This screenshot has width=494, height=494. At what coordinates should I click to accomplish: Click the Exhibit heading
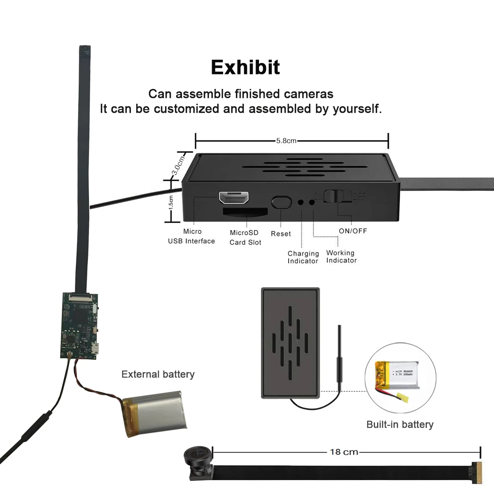(245, 68)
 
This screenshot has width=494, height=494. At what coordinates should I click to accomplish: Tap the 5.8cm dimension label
(286, 140)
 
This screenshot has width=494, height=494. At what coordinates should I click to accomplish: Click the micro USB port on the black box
(233, 198)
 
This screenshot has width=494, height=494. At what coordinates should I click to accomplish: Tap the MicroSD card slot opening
(245, 212)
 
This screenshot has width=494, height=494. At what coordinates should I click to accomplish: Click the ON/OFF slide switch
(337, 196)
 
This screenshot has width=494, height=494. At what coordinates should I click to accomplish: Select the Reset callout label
(281, 233)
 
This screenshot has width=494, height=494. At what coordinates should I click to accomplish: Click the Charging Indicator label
(303, 257)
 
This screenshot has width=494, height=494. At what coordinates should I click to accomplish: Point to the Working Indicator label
(341, 256)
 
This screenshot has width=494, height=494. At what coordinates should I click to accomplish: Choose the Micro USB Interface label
(191, 236)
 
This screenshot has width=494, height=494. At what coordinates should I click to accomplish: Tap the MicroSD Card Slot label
(245, 238)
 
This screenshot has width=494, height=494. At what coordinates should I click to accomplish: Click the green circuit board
(80, 325)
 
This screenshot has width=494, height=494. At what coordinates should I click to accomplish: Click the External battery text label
(158, 374)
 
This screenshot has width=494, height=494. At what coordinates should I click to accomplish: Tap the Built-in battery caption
(400, 424)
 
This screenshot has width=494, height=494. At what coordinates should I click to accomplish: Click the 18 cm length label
(344, 452)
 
